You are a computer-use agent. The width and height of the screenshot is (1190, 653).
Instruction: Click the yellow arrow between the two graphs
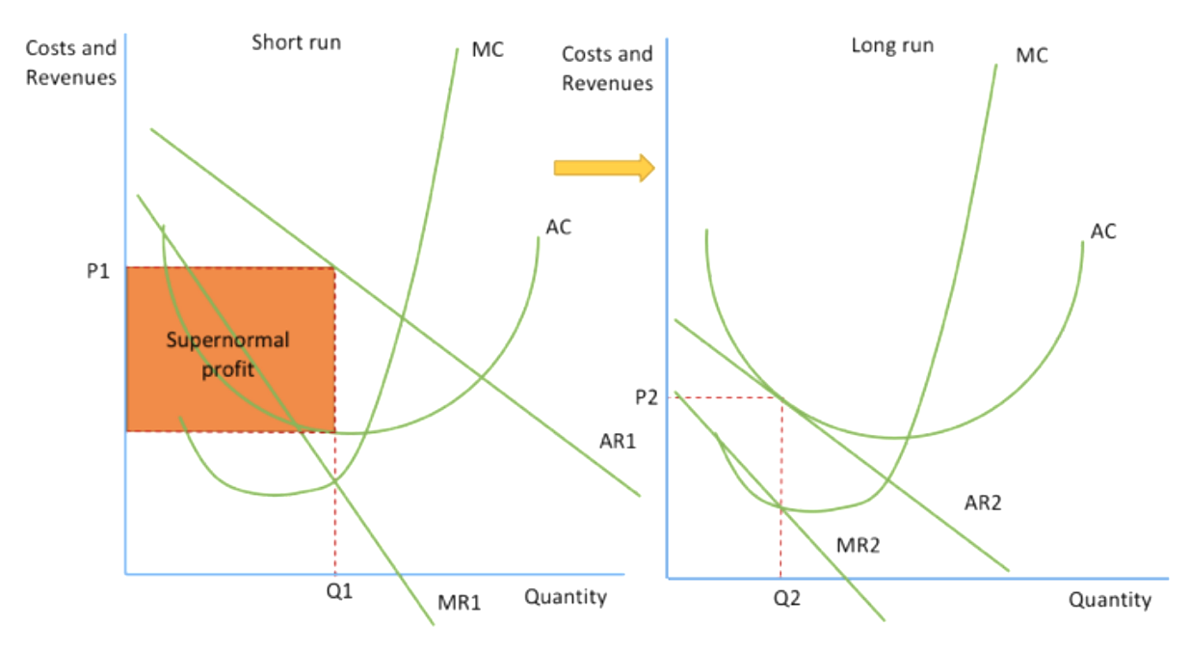tap(604, 168)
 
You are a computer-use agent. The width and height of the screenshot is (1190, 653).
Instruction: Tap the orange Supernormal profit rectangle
tap(230, 349)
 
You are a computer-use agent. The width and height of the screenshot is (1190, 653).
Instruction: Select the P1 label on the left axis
tap(98, 271)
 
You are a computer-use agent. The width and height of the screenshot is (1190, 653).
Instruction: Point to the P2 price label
tap(647, 397)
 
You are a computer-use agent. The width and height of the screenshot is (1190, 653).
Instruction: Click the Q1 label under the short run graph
tap(339, 591)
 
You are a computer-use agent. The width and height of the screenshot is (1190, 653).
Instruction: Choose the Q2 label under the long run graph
tap(787, 599)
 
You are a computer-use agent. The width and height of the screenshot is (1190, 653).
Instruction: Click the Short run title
tap(296, 42)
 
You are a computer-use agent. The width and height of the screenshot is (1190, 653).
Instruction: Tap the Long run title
tap(892, 46)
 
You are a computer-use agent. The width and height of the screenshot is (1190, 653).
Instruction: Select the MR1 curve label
tap(460, 603)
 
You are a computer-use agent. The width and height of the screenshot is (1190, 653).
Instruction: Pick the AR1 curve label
tap(618, 442)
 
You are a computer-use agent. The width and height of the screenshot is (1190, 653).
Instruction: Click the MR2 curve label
tap(858, 545)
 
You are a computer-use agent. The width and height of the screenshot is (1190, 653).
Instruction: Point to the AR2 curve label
tap(983, 503)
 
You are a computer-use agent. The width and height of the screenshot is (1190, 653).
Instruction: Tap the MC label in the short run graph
tap(488, 49)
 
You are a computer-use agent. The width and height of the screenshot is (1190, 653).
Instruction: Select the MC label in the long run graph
tap(1032, 55)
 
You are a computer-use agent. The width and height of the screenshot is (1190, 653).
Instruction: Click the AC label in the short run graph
tap(558, 227)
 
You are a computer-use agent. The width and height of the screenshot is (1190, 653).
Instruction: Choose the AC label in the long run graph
tap(1103, 231)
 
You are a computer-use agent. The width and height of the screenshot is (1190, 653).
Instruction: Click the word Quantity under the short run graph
tap(566, 598)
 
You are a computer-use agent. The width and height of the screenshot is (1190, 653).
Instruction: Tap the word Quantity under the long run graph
tap(1110, 600)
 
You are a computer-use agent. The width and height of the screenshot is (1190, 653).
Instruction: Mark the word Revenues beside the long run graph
tap(608, 84)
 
